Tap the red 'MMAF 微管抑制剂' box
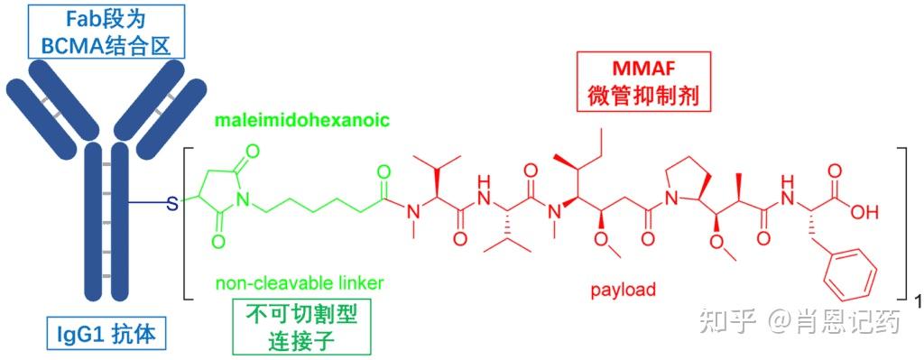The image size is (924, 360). click(642, 80)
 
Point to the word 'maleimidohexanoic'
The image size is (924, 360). click(303, 121)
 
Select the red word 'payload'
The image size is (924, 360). click(623, 291)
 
